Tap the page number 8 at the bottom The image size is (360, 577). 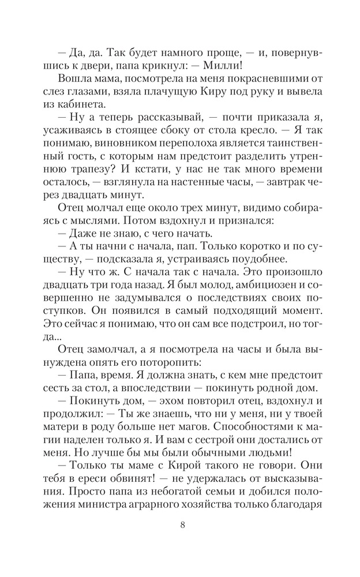[x=182, y=542]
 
